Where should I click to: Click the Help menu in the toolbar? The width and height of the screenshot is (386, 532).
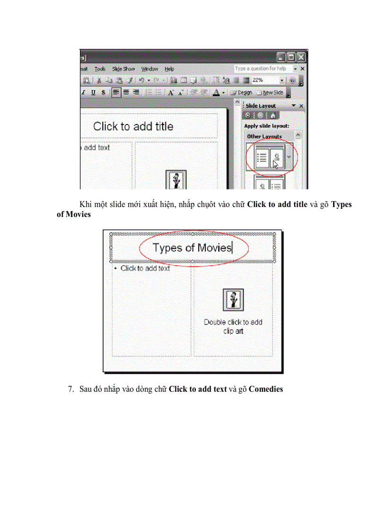[x=169, y=69]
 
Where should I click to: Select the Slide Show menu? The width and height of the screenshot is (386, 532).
[x=123, y=69]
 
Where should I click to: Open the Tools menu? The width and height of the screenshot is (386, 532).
[x=100, y=69]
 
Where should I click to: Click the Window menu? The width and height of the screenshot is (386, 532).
[x=149, y=69]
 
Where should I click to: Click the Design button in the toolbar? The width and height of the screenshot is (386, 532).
[x=241, y=92]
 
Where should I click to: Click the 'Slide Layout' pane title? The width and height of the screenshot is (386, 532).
[x=261, y=106]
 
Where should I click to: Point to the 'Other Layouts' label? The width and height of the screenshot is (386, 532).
[x=264, y=136]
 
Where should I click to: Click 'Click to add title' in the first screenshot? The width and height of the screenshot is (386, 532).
[x=133, y=126]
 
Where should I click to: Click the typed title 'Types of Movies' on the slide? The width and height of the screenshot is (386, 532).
[x=192, y=248]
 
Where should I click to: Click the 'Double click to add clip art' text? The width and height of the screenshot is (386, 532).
[x=233, y=326]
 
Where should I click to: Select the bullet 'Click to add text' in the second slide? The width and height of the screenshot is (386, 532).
[x=145, y=268]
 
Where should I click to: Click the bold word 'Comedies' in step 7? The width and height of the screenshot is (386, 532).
[x=266, y=389]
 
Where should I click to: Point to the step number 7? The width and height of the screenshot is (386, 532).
[x=70, y=389]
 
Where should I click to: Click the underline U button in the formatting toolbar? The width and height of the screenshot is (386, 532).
[x=93, y=93]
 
